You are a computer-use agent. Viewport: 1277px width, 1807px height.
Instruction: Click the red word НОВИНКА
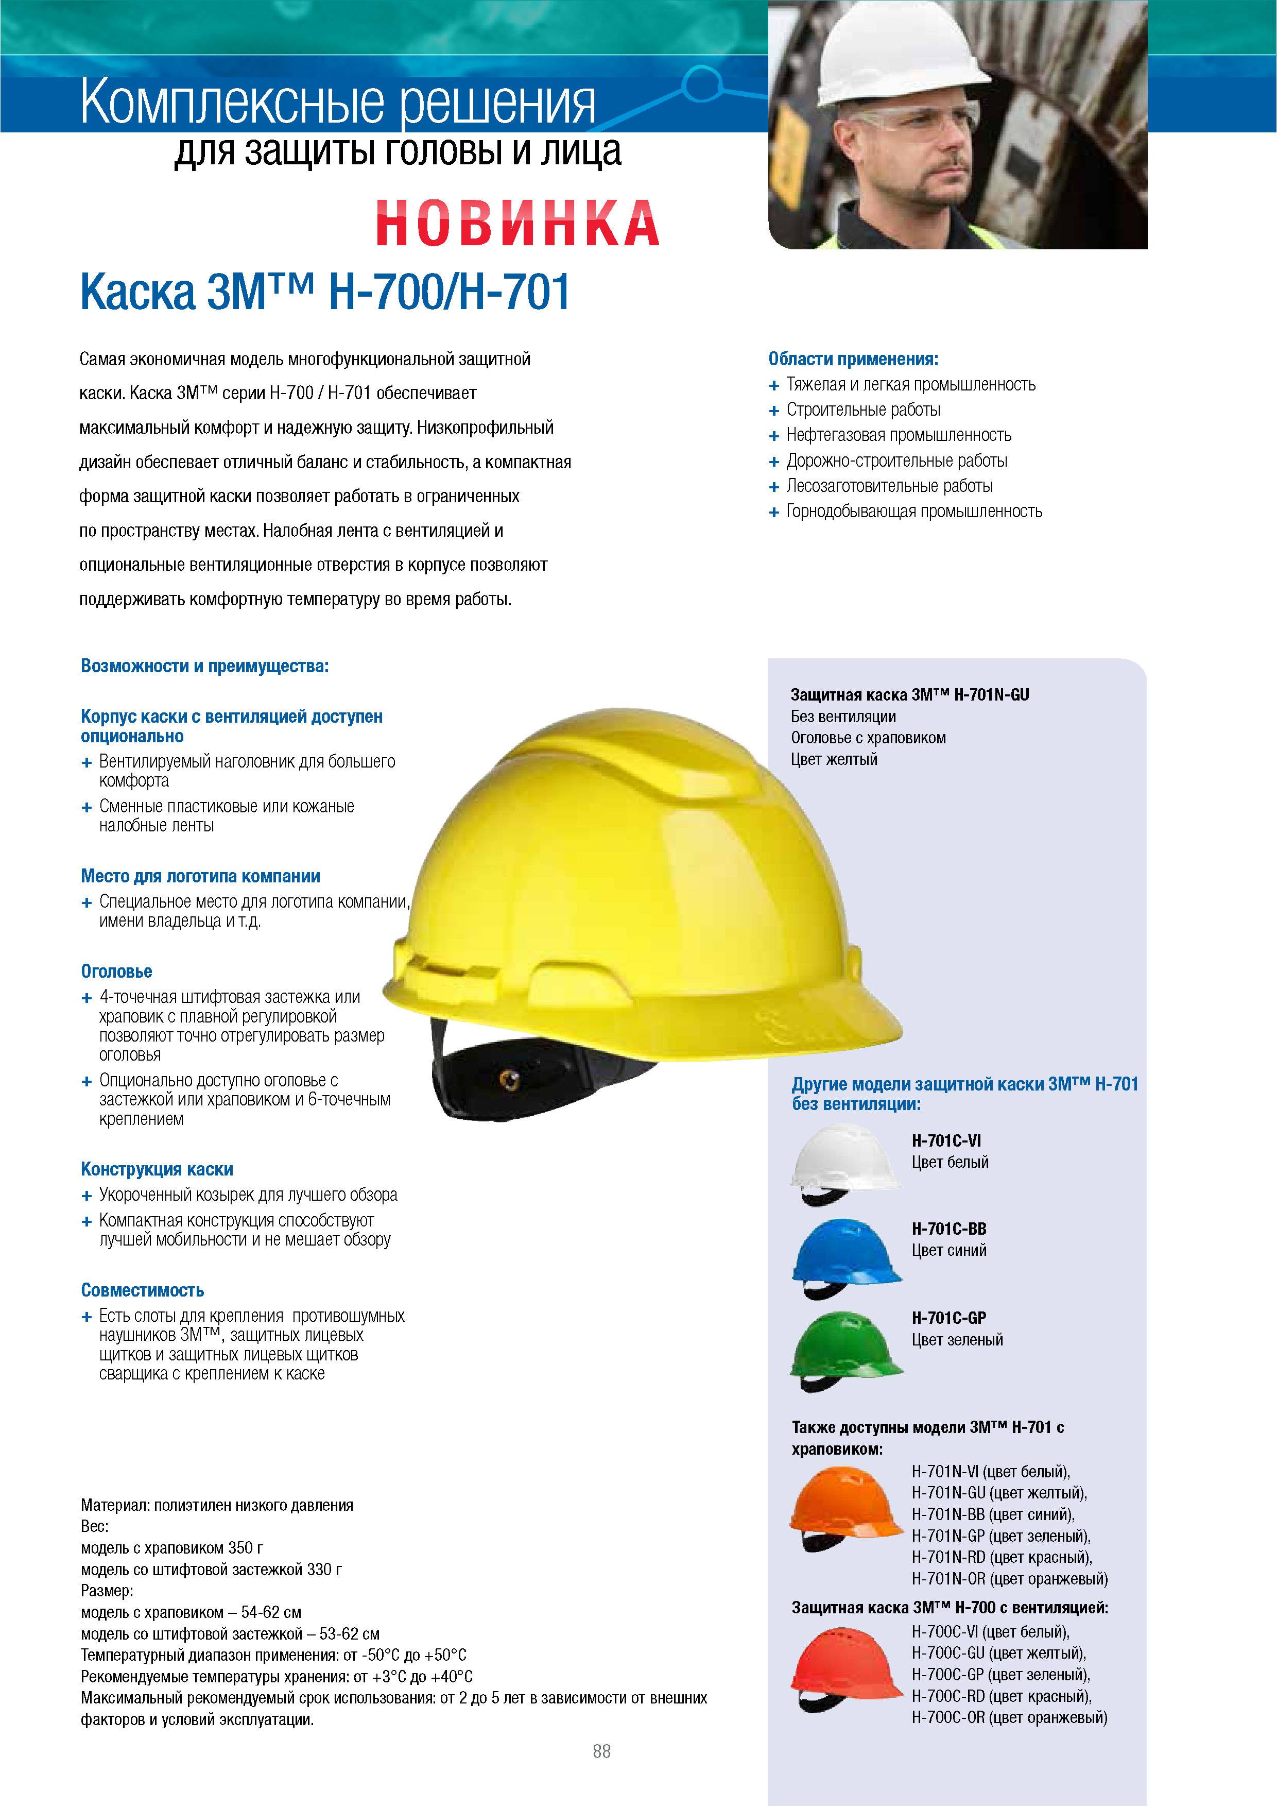coord(517,223)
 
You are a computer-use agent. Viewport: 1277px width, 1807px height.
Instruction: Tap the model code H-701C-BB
coord(948,1229)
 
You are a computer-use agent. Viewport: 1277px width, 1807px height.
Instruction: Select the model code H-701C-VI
coord(946,1140)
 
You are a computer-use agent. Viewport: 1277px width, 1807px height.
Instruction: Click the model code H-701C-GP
coord(948,1318)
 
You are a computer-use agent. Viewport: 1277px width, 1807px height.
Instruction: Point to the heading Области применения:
coord(853,360)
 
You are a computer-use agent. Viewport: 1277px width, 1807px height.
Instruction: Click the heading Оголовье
coord(116,971)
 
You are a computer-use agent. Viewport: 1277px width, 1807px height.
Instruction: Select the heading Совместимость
coord(143,1290)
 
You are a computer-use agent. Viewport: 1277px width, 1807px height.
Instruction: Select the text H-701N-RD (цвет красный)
coord(1001,1557)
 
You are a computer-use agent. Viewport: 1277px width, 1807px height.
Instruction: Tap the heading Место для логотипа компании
coord(201,876)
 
